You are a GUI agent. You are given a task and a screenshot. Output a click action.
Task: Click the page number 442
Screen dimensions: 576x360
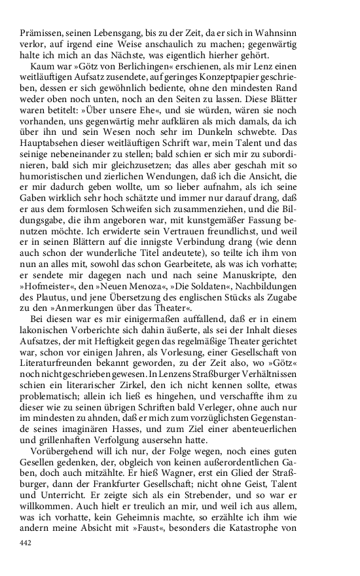pos(26,543)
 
